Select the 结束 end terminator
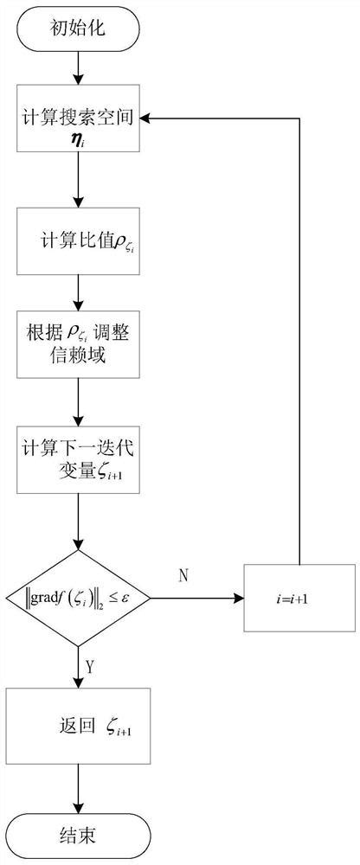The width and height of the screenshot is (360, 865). tap(79, 835)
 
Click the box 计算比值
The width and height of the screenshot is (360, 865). tap(79, 245)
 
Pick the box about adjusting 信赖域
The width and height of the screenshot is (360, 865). tap(79, 343)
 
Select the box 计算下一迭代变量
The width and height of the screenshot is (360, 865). tap(79, 462)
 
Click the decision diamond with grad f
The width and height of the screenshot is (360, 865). tap(79, 597)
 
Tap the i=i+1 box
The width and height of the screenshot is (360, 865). tap(300, 597)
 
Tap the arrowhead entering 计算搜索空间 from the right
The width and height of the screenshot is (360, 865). tap(145, 113)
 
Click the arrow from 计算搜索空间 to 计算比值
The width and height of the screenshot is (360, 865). tap(79, 184)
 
